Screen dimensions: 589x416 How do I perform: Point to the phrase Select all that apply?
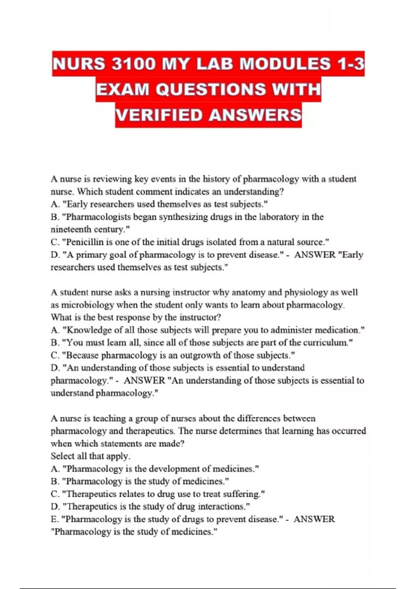90,456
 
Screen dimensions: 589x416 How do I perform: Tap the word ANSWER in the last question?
314,519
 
